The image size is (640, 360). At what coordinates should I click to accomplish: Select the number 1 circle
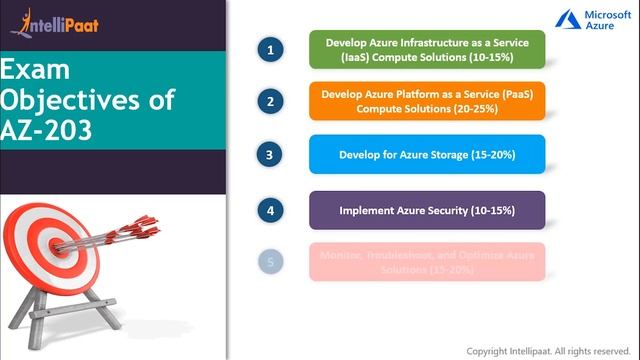click(x=268, y=49)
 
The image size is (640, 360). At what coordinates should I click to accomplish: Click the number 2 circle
click(x=268, y=101)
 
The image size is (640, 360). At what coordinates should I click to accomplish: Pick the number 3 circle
click(x=268, y=154)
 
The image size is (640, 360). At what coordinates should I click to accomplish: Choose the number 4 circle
click(x=268, y=210)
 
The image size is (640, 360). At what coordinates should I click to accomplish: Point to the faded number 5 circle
click(x=268, y=263)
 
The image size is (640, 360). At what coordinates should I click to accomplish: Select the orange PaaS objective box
click(x=427, y=101)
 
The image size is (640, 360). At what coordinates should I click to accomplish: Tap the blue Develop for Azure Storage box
click(x=427, y=154)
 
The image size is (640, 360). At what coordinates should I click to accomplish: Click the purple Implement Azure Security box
click(x=427, y=210)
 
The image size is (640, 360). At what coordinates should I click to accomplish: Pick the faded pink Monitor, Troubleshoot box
click(x=427, y=262)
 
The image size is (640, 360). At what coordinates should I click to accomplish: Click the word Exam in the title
click(x=33, y=71)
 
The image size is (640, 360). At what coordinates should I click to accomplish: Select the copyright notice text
click(x=550, y=351)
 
